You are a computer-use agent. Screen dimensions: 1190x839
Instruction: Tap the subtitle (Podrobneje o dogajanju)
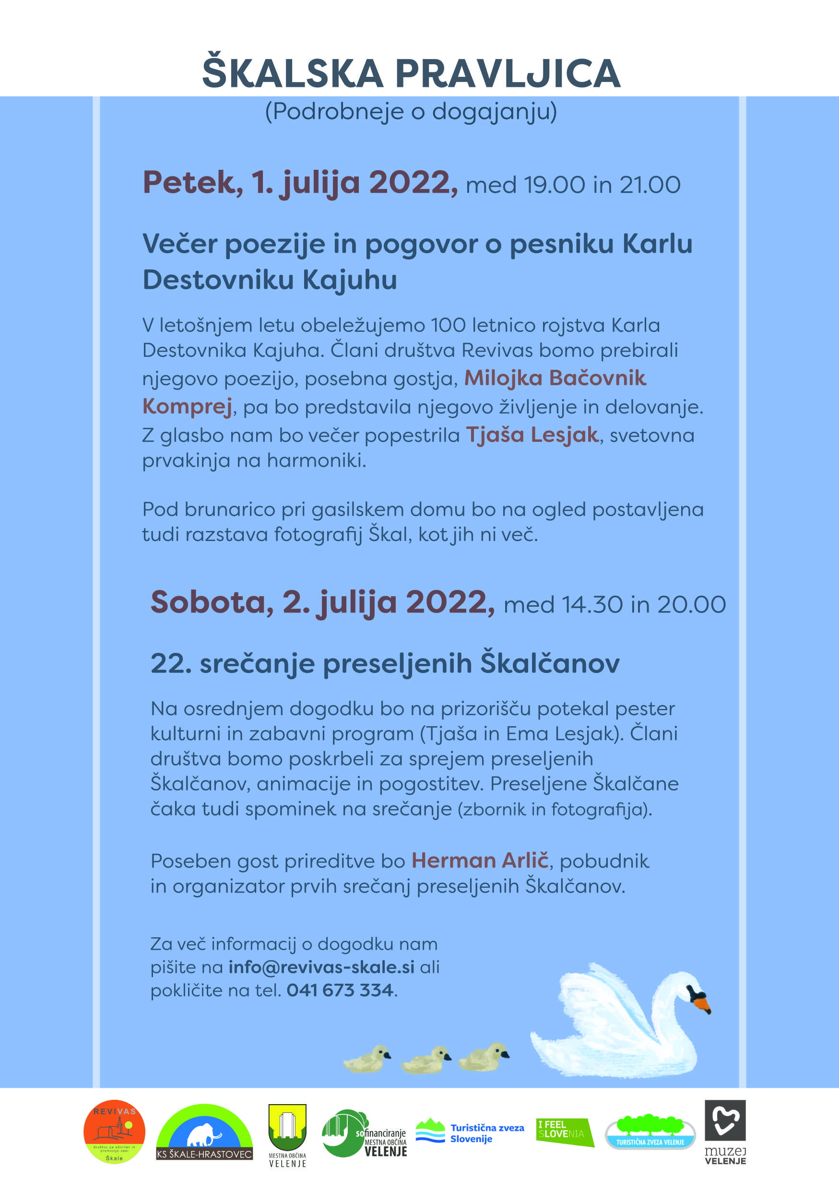click(411, 111)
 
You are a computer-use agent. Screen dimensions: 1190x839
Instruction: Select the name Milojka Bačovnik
click(555, 378)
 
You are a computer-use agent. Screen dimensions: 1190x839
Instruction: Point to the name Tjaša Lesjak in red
click(532, 435)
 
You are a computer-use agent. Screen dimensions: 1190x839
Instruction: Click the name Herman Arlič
click(480, 860)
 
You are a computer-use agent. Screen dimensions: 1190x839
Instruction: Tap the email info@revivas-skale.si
click(321, 967)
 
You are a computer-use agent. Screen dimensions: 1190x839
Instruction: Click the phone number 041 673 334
click(340, 990)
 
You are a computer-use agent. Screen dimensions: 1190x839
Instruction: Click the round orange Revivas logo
click(114, 1132)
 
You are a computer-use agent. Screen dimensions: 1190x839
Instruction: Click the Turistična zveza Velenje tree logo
click(650, 1132)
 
